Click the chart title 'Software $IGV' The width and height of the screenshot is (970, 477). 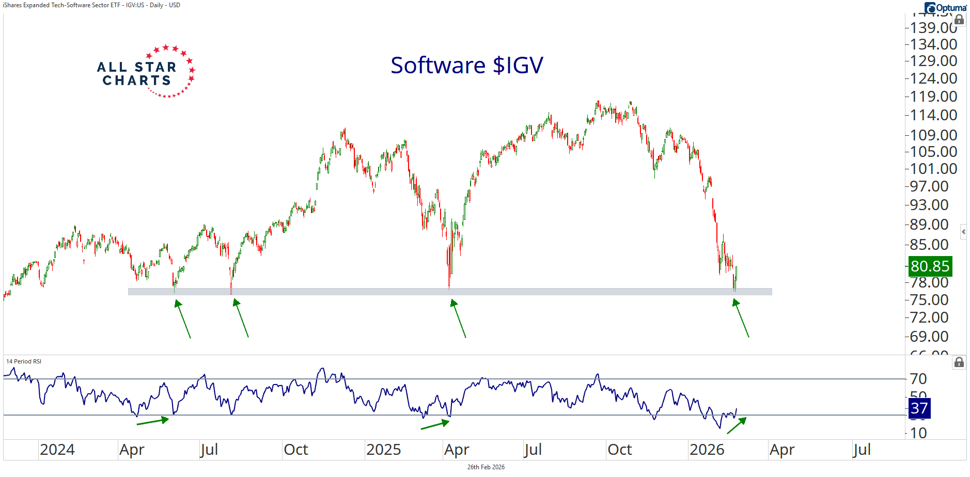click(x=466, y=66)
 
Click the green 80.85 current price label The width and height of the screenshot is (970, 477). click(x=930, y=266)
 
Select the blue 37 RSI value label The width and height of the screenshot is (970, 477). click(x=919, y=408)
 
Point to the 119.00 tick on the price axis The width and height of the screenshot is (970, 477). click(x=933, y=97)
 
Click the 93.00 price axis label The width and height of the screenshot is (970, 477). click(x=929, y=205)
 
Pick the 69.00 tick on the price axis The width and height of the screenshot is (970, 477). click(x=929, y=337)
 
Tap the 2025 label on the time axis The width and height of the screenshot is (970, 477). click(x=383, y=450)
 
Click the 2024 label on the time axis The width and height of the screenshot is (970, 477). click(x=57, y=450)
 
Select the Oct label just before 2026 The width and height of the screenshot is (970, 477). click(x=619, y=450)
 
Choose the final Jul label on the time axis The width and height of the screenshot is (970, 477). click(x=861, y=450)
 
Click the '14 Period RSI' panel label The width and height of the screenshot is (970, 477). click(x=24, y=361)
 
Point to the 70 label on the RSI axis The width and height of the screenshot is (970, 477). click(x=918, y=379)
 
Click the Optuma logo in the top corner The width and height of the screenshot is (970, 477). click(x=946, y=7)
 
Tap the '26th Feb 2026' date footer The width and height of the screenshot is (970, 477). click(x=486, y=467)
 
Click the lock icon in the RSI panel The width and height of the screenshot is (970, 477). click(x=959, y=362)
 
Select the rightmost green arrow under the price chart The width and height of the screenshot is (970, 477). click(x=741, y=318)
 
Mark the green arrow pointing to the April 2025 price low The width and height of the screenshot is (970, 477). click(x=458, y=319)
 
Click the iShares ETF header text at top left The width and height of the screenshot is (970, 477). click(x=92, y=5)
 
